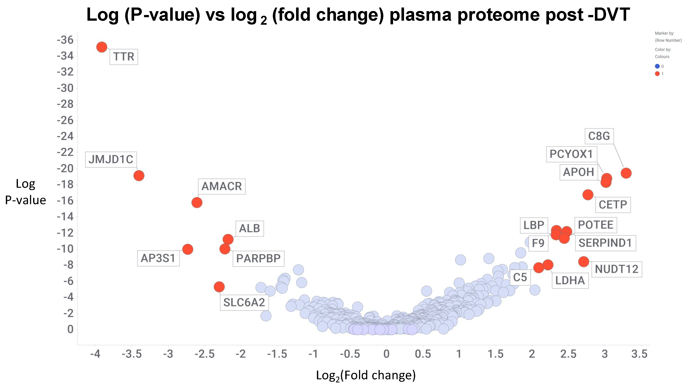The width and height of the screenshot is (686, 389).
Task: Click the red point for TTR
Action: click(102, 47)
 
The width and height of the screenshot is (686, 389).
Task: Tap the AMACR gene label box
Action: click(221, 186)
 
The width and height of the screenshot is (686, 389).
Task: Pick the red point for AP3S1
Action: click(188, 249)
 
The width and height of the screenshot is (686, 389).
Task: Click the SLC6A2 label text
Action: click(244, 302)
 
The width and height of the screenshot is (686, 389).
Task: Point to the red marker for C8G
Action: click(626, 173)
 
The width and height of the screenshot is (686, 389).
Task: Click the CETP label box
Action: click(613, 205)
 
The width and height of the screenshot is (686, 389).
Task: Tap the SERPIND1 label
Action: click(605, 243)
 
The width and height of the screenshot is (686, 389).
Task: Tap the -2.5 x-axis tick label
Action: click(204, 354)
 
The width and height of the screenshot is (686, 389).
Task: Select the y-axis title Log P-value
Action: click(25, 192)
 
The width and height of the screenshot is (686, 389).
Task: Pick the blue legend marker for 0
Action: click(657, 66)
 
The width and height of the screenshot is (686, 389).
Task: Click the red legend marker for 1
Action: click(657, 74)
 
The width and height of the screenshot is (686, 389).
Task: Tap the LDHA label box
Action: click(570, 280)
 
